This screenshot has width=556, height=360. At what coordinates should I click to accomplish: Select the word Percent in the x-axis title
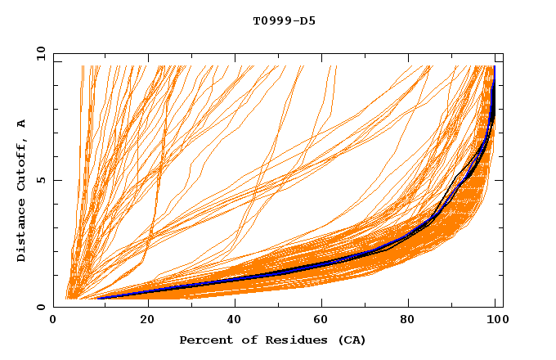click(x=204, y=340)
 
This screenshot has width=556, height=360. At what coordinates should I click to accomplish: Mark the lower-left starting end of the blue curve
click(x=98, y=298)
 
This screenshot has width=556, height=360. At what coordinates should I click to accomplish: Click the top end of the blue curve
click(x=494, y=67)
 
